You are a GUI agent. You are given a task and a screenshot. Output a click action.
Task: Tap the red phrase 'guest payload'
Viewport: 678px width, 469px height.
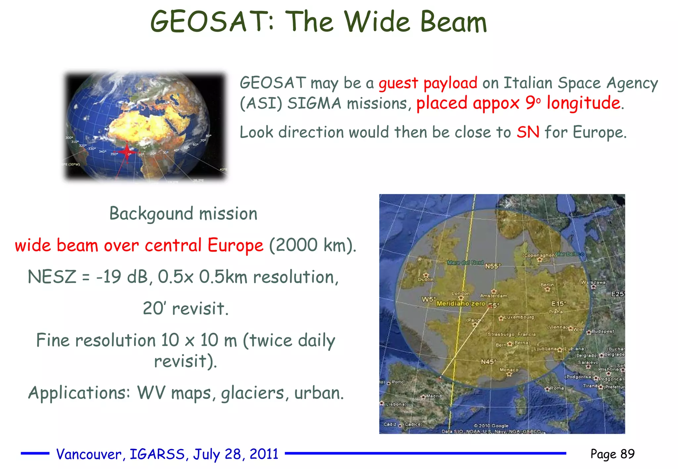(428, 83)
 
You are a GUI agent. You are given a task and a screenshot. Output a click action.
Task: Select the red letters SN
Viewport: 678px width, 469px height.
(528, 132)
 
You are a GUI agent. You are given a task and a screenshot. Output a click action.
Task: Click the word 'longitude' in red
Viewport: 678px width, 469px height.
(583, 103)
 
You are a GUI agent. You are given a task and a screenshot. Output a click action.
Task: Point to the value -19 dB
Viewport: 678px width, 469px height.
(122, 277)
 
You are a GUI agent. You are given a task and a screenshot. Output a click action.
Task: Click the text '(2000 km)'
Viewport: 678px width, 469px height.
(313, 245)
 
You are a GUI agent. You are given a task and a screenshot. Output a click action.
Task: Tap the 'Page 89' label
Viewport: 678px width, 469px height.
(612, 454)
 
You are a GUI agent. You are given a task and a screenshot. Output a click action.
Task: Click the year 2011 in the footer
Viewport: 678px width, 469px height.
(264, 454)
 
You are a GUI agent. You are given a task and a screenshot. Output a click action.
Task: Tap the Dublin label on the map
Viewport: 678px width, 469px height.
(426, 279)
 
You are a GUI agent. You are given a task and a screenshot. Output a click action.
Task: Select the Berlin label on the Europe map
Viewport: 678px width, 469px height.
(547, 285)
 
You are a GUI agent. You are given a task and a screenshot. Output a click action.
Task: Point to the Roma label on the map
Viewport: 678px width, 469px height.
(557, 388)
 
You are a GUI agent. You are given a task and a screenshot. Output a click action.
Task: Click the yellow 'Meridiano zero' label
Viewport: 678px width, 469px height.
(461, 304)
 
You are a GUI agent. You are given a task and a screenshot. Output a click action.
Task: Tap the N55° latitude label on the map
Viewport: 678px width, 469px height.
(493, 266)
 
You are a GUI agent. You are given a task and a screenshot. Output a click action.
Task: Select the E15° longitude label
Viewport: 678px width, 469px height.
(559, 304)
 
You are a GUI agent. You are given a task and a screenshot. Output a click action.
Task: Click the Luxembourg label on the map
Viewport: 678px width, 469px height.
(519, 317)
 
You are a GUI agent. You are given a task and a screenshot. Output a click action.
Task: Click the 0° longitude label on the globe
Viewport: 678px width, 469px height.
(129, 154)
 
